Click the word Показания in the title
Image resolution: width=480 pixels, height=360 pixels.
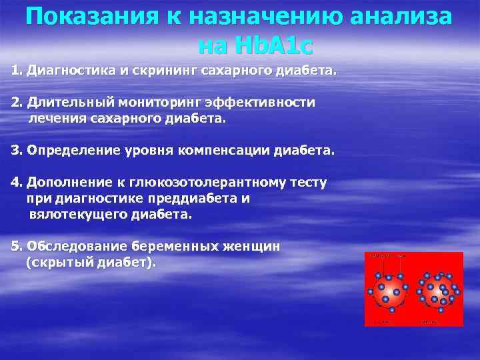(x=89, y=17)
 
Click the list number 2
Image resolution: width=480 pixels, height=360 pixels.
(x=16, y=103)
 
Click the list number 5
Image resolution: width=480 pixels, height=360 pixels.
(x=16, y=246)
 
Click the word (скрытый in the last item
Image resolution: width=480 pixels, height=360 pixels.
(x=58, y=263)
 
